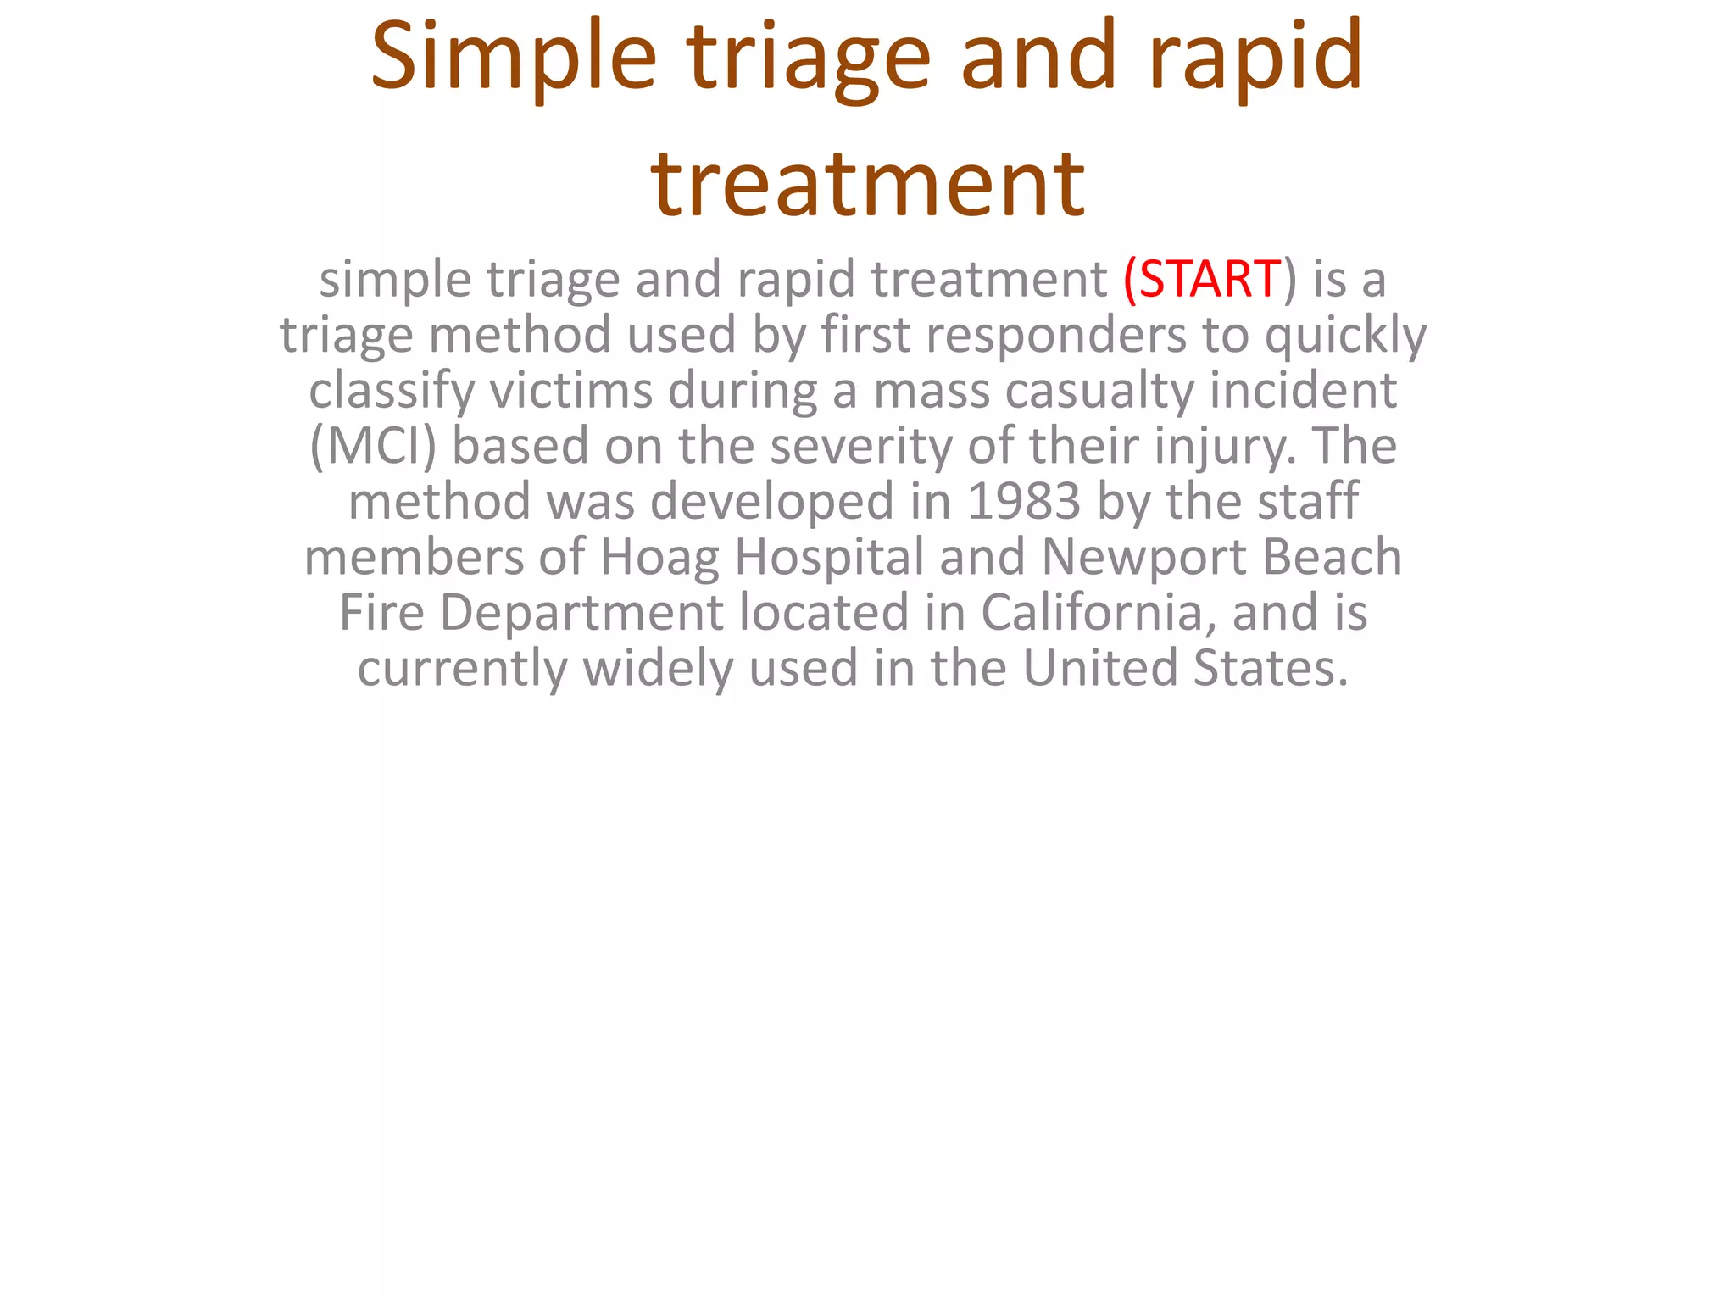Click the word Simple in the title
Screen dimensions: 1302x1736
pyautogui.click(x=514, y=58)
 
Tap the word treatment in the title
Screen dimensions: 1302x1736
pyautogui.click(x=867, y=183)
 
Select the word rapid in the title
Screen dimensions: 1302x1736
pyautogui.click(x=1255, y=58)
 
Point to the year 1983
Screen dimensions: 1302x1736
pyautogui.click(x=1024, y=501)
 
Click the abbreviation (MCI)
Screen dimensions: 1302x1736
pyautogui.click(x=373, y=446)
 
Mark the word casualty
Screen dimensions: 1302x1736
pyautogui.click(x=1099, y=391)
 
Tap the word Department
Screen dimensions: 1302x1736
pyautogui.click(x=581, y=613)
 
